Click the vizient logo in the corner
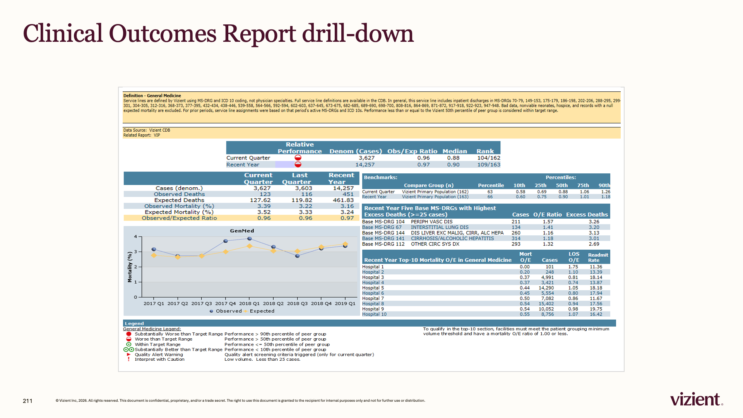(x=696, y=399)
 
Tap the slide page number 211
(x=27, y=401)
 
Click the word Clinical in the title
(x=63, y=33)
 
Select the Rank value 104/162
(x=488, y=158)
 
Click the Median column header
(x=455, y=151)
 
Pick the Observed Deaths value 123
(x=265, y=194)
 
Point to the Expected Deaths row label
(x=179, y=200)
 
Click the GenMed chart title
(x=242, y=231)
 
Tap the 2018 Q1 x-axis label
(x=249, y=303)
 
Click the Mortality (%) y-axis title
(x=130, y=267)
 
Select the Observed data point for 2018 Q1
(x=250, y=239)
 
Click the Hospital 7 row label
(x=373, y=298)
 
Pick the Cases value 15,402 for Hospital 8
(x=546, y=304)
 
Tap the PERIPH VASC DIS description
(x=431, y=222)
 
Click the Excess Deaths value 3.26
(x=594, y=222)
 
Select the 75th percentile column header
(x=583, y=185)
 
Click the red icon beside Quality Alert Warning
(x=128, y=355)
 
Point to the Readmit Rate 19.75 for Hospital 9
(x=596, y=309)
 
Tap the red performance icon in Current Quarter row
(x=298, y=158)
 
